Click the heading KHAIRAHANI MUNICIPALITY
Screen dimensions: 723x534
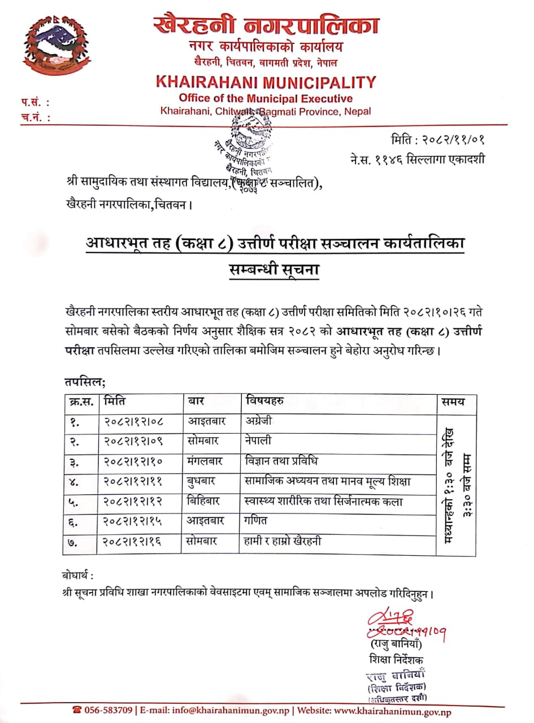(266, 82)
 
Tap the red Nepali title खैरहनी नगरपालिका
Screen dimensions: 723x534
(266, 26)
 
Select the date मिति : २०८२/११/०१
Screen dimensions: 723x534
(438, 140)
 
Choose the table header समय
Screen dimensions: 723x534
(454, 402)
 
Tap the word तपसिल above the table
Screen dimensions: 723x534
(85, 382)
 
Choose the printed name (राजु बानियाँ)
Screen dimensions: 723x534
(396, 644)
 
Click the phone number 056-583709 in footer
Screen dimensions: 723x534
(103, 711)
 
